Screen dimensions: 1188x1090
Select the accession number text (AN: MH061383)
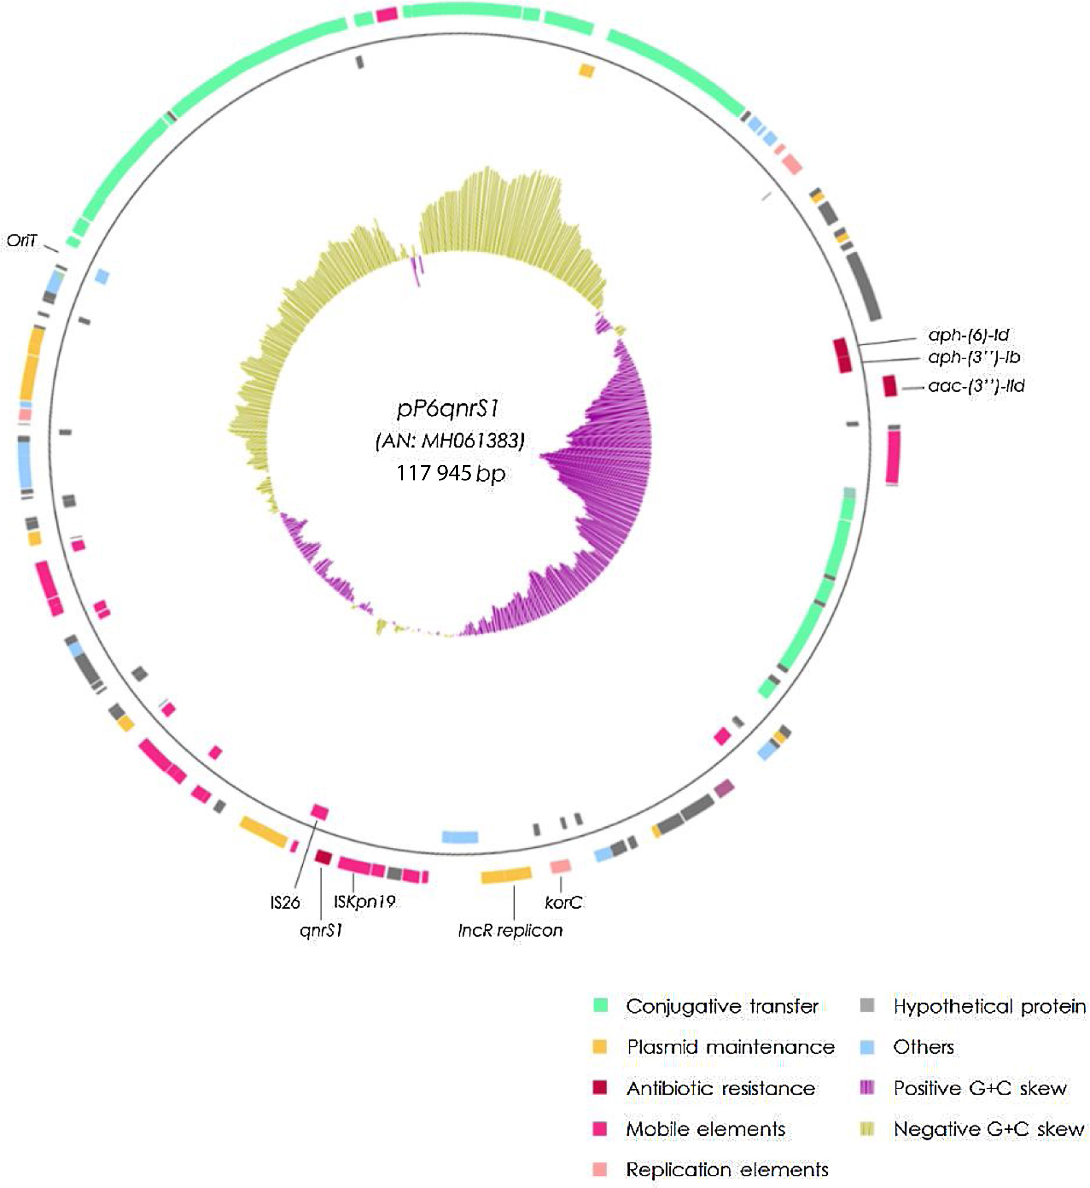450,441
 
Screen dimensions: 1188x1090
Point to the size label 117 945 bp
451,473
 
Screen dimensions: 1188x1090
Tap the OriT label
22,241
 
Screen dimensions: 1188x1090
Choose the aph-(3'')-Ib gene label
974,357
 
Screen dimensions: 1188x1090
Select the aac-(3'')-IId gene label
976,387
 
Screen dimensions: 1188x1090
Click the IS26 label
285,902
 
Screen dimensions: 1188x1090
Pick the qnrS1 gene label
321,931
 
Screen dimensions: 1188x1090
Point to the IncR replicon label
510,931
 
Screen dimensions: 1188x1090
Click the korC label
563,902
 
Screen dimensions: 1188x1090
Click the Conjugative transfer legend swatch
600,1006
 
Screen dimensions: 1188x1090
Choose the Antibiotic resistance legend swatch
600,1088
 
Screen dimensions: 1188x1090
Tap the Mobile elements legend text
705,1129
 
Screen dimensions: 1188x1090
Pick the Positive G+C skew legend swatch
867,1088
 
